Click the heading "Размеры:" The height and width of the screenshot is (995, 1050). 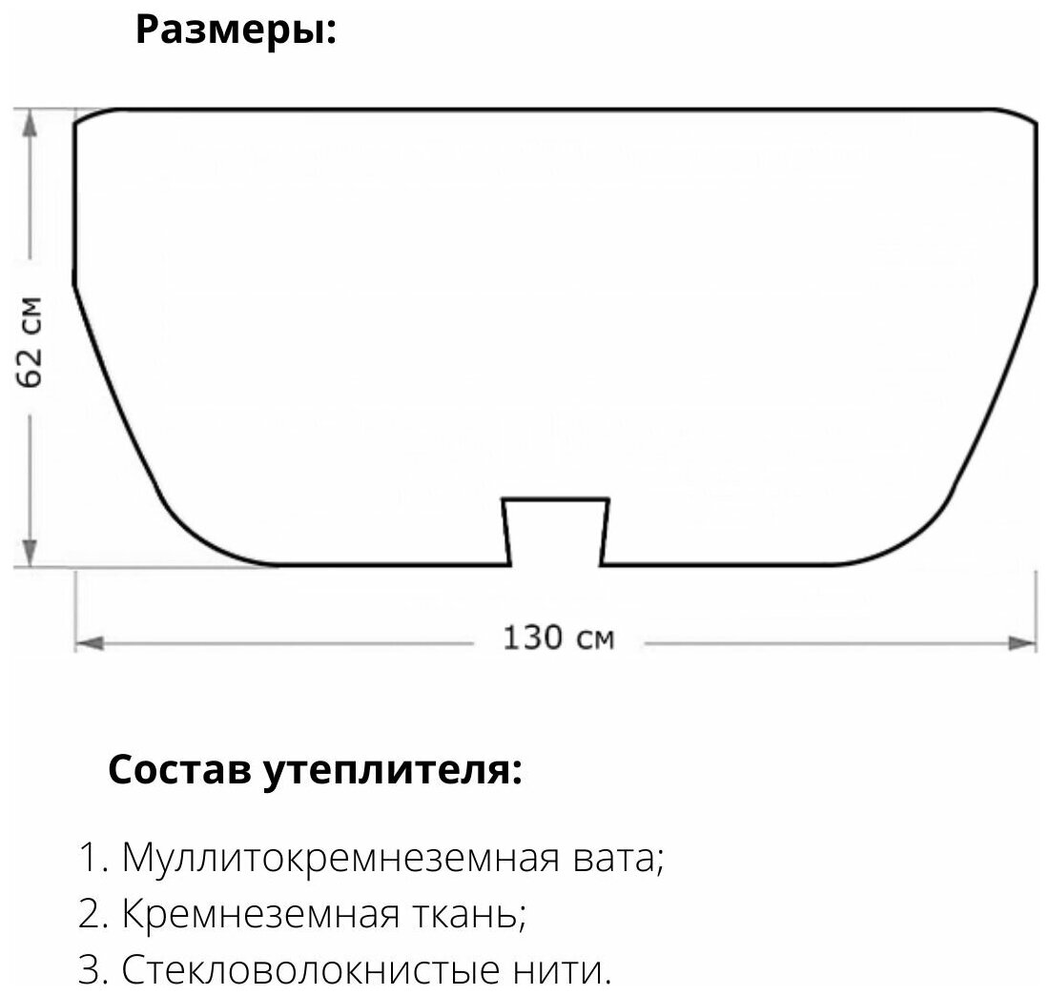(236, 30)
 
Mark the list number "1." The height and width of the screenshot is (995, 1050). (94, 860)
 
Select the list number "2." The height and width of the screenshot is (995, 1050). (94, 916)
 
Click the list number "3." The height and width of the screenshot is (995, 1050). (94, 972)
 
